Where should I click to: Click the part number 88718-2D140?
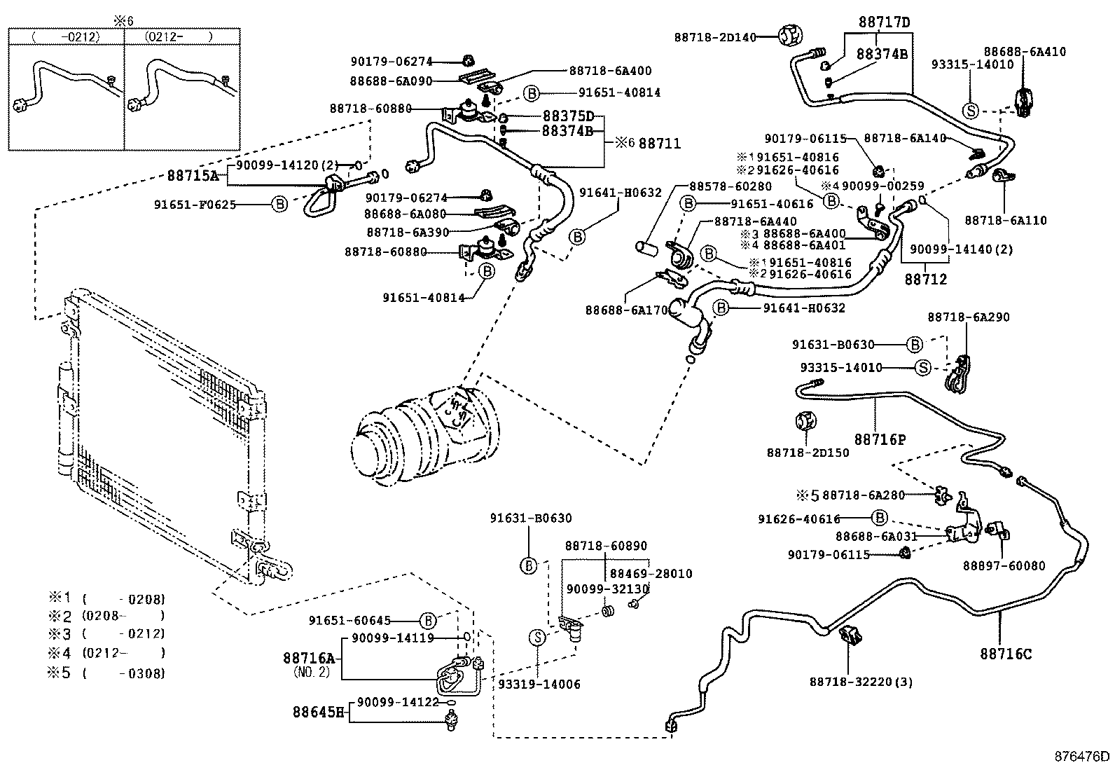click(x=715, y=36)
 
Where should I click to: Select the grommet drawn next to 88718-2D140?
click(x=790, y=34)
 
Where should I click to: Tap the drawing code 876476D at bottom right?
click(x=1083, y=757)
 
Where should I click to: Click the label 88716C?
click(x=1005, y=654)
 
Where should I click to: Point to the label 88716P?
click(x=880, y=439)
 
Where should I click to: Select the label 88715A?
click(x=192, y=176)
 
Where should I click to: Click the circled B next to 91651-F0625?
click(x=279, y=205)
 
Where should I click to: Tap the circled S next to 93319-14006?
click(x=537, y=637)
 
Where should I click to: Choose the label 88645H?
click(x=319, y=713)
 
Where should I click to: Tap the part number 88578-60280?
click(x=730, y=186)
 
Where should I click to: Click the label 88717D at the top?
click(x=885, y=22)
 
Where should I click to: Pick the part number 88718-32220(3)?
click(x=861, y=682)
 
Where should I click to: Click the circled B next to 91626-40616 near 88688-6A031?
click(x=880, y=518)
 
